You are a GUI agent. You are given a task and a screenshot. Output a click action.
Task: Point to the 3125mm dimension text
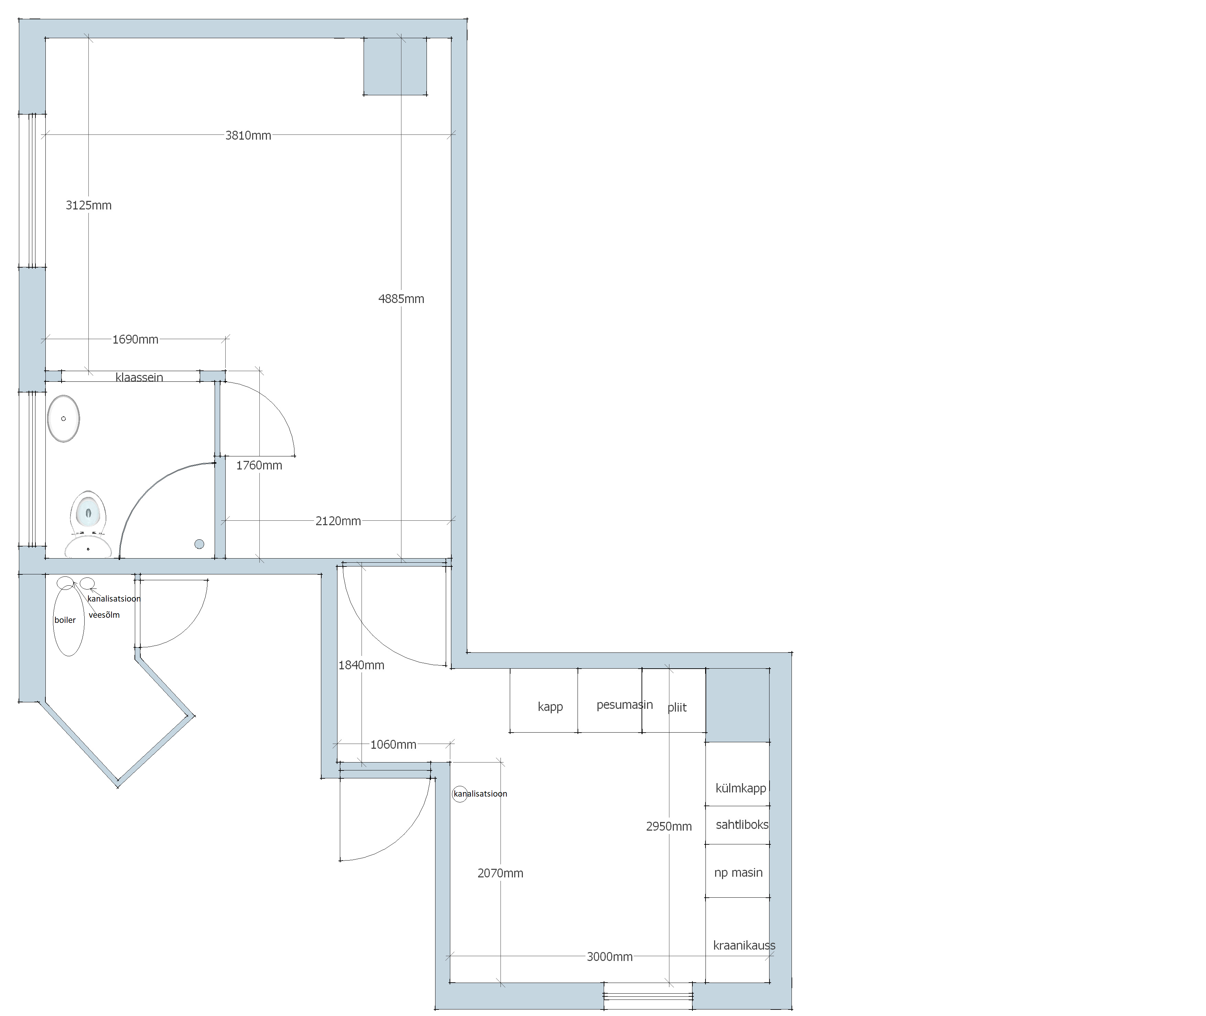89,205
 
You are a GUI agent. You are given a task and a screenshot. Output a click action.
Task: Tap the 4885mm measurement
401,299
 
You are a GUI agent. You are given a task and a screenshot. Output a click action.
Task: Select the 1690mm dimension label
135,339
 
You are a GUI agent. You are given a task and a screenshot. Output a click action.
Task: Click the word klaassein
139,377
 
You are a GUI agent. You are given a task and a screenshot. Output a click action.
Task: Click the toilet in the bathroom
88,514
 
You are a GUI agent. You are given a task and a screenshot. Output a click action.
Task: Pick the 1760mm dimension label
259,465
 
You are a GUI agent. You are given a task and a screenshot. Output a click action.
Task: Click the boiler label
65,620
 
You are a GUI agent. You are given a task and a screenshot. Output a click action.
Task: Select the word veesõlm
104,615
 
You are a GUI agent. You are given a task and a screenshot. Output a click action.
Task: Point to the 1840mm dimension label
361,665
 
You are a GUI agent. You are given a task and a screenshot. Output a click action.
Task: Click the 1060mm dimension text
394,745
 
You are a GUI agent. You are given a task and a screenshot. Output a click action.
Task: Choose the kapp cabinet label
550,707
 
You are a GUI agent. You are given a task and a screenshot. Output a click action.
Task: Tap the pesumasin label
625,705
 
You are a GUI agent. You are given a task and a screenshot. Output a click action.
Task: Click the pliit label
677,708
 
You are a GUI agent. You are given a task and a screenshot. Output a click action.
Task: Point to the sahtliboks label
742,825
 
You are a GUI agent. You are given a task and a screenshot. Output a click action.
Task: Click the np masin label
738,873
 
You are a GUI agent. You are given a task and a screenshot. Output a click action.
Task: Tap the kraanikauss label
744,946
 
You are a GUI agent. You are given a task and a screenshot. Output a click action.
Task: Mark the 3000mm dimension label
610,957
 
